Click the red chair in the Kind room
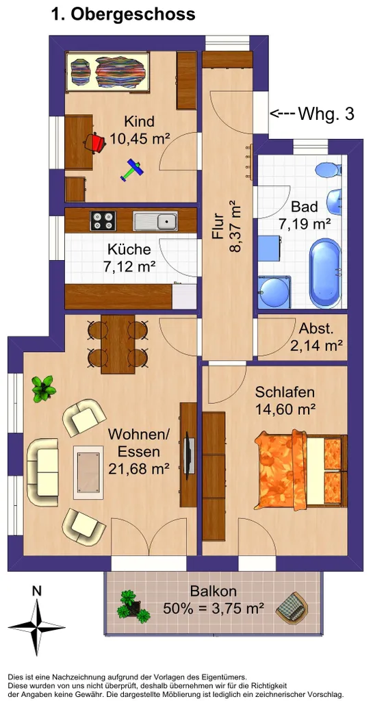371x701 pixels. pos(94,143)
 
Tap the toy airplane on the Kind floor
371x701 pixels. pos(132,170)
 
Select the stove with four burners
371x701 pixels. pos(103,220)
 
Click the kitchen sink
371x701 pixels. pos(155,221)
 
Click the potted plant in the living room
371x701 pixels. pos(44,389)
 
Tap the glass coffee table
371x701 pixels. pos(88,472)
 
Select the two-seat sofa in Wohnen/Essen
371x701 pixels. pos(42,472)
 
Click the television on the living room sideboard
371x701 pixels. pos(189,456)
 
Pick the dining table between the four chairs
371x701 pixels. pos(118,344)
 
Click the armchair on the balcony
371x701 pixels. pos(292,607)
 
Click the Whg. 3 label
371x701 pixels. pos(326,114)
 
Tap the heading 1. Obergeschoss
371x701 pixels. pos(123,14)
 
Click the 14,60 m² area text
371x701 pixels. pos(285,408)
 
